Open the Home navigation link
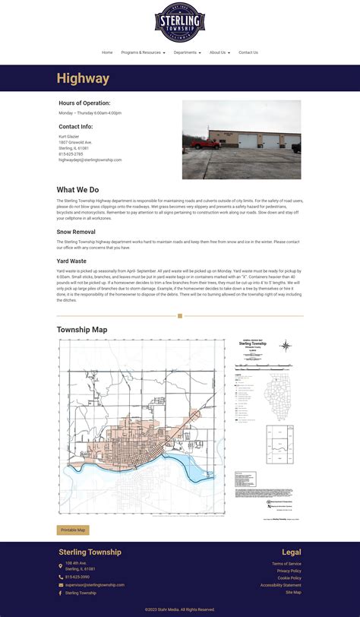pos(107,52)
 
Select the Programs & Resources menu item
pos(143,52)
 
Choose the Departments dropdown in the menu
pos(187,52)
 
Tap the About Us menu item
pos(219,52)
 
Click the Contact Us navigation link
pos(248,52)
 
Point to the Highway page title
pos(83,78)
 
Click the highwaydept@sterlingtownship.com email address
pos(90,160)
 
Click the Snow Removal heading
pos(76,232)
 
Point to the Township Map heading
pos(82,330)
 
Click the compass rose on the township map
pos(286,346)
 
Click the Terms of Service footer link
pos(286,564)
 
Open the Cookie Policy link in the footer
pos(289,578)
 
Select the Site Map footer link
pos(293,592)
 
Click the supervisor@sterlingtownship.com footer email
pos(94,585)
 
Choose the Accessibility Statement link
pos(281,585)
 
